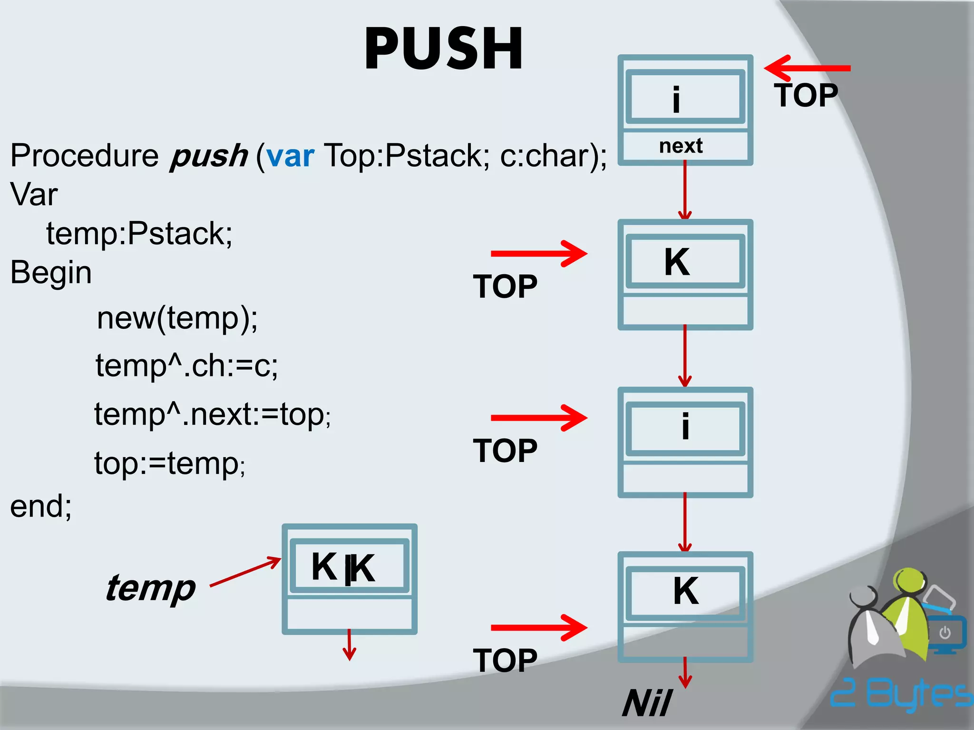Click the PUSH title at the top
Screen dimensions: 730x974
tap(443, 49)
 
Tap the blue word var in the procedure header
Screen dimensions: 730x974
tap(290, 156)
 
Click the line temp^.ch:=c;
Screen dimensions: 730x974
tap(186, 366)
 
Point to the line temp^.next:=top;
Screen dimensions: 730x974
tap(212, 414)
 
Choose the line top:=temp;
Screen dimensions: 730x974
tap(169, 463)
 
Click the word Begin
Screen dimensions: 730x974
tap(51, 273)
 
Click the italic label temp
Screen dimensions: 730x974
tap(150, 588)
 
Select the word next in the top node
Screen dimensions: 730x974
tap(681, 146)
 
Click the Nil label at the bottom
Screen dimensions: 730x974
tap(647, 703)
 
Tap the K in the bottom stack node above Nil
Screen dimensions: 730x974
tap(686, 591)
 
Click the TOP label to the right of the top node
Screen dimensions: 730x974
tap(806, 96)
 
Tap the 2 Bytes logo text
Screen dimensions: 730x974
tap(901, 693)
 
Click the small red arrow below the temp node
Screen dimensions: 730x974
tap(349, 645)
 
